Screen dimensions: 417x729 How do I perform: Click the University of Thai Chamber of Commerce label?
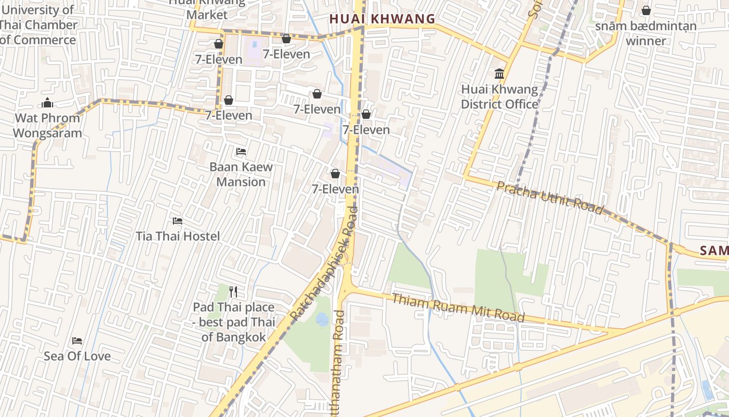tap(37, 25)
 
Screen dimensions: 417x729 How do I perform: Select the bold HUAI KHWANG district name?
tap(382, 19)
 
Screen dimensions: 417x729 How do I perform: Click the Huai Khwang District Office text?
tap(499, 97)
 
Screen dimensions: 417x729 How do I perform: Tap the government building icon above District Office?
tap(499, 74)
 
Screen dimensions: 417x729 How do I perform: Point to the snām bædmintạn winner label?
tap(646, 33)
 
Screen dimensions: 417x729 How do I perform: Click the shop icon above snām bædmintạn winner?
tap(646, 10)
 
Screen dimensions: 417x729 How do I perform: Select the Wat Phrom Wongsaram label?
tap(47, 126)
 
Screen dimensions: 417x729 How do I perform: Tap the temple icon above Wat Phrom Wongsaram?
tap(47, 103)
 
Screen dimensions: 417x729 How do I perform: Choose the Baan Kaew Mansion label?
tap(241, 175)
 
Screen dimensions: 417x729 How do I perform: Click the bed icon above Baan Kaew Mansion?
tap(241, 152)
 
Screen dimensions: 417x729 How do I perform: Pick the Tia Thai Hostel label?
tap(178, 236)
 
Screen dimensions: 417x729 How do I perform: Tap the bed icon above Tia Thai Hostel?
tap(178, 221)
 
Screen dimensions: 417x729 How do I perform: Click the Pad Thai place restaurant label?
tap(234, 322)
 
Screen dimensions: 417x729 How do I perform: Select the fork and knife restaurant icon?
tap(233, 292)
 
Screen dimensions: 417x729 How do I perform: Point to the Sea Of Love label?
tap(77, 357)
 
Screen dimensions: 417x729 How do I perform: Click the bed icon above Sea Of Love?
tap(77, 341)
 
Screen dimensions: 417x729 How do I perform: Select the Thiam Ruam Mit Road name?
tap(458, 308)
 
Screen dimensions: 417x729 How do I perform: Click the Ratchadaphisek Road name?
tap(324, 263)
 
